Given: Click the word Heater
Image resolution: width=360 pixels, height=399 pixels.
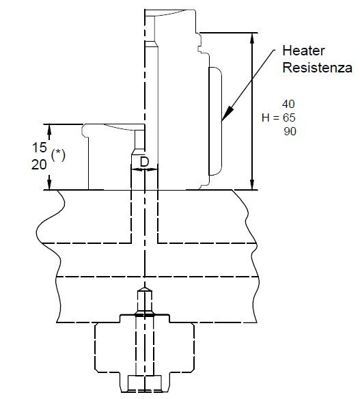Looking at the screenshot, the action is tap(303, 51).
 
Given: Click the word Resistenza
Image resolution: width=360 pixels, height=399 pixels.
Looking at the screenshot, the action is tap(317, 68).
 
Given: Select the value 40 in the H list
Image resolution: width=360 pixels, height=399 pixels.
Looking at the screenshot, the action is tap(288, 104).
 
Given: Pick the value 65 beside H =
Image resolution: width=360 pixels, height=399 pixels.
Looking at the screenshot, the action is tap(289, 118).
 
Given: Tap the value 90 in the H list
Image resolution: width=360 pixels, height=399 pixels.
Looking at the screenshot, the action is tap(290, 132).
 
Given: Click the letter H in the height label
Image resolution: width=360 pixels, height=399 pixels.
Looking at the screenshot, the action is tap(266, 118).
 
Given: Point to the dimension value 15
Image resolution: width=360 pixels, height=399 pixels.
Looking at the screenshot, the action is tap(40, 148).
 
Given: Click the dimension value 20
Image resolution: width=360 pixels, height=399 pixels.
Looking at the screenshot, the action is tap(39, 165).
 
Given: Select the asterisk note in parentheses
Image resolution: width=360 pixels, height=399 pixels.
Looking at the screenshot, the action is tap(58, 155).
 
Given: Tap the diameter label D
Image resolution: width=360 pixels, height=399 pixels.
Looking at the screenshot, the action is tap(144, 162).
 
